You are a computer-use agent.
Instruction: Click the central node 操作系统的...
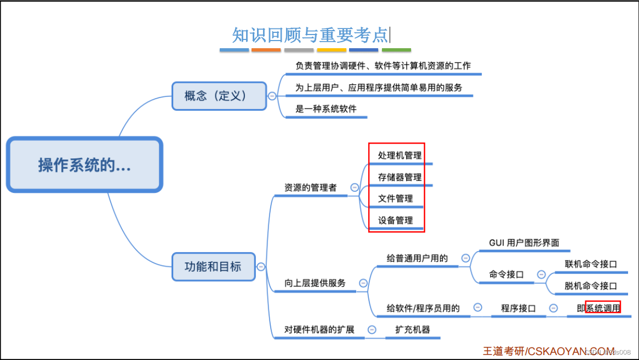(84, 165)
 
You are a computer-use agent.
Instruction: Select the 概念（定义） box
(219, 96)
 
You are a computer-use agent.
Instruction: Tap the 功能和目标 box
(213, 267)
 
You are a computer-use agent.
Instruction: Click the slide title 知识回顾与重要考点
(310, 35)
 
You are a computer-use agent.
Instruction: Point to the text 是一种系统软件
(326, 108)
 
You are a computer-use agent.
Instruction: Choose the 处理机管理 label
(400, 156)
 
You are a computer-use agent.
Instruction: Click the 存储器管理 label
(400, 177)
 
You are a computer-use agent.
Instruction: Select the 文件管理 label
(396, 198)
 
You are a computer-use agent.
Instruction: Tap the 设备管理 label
(396, 220)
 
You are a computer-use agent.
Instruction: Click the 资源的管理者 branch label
(310, 187)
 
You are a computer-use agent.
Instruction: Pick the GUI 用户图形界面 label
(524, 243)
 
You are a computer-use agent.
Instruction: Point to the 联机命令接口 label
(591, 264)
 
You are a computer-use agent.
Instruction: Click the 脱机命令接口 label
(591, 285)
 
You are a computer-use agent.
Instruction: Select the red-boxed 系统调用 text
(603, 308)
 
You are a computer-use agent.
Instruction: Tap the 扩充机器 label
(413, 329)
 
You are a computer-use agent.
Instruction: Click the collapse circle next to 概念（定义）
(272, 96)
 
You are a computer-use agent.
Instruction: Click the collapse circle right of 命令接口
(541, 275)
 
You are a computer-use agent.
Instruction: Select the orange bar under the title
(266, 50)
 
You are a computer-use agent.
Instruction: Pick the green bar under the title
(396, 50)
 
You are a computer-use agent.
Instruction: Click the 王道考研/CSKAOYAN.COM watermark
(548, 351)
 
